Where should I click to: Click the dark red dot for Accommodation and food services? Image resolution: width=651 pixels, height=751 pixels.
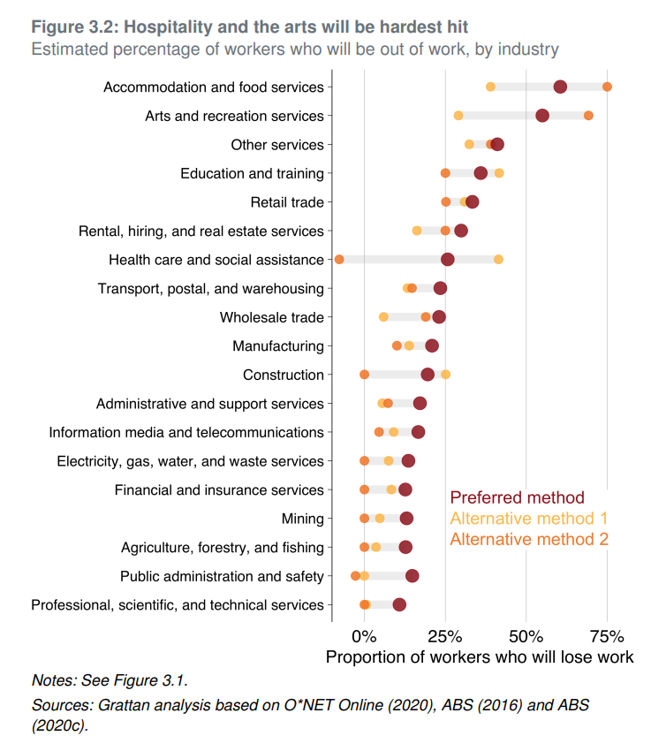560,87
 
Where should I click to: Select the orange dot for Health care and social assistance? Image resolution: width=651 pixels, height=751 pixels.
339,259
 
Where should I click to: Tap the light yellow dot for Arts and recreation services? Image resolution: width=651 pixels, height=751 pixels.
458,116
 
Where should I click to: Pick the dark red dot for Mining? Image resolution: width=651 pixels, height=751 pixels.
406,519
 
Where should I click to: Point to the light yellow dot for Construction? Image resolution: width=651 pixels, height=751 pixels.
445,375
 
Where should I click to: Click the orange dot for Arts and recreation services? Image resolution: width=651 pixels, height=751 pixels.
588,116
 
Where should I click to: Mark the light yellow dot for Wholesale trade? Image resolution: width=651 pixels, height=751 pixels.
383,317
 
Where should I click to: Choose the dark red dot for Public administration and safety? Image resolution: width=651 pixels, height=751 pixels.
413,576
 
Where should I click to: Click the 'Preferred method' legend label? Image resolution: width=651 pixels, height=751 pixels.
517,497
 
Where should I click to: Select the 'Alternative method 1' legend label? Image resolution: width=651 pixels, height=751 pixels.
528,518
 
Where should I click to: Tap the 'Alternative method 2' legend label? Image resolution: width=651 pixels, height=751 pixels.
528,538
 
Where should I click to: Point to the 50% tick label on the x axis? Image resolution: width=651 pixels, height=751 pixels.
526,637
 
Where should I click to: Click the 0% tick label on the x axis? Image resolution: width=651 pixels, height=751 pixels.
364,637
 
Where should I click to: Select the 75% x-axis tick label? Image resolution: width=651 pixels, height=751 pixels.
606,637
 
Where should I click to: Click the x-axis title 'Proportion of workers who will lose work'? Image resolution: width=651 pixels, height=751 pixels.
480,657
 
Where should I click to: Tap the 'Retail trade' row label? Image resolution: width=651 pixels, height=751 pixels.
287,202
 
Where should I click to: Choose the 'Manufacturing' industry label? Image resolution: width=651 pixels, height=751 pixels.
278,346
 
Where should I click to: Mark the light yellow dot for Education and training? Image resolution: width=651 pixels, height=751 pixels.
499,173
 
